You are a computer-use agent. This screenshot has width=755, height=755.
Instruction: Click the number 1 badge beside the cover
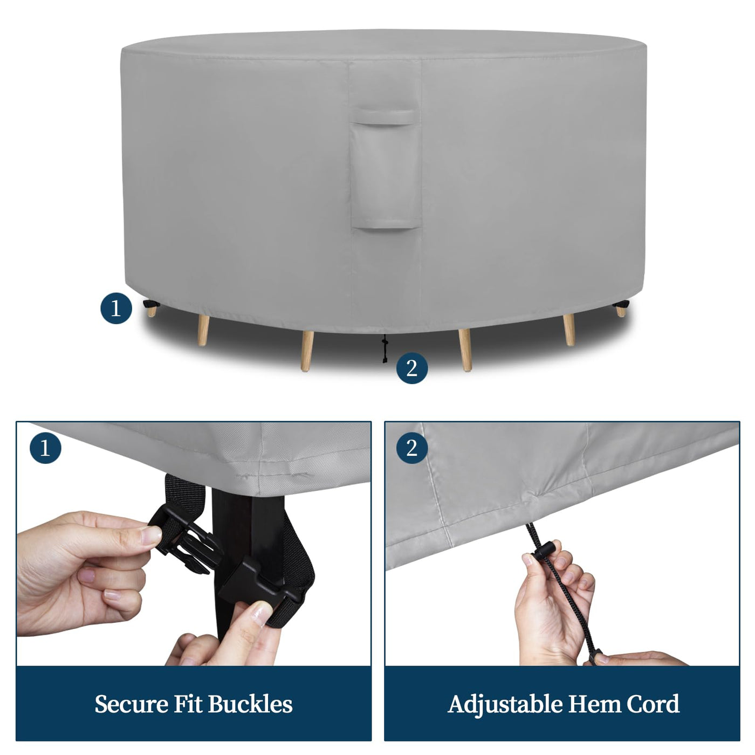click(116, 308)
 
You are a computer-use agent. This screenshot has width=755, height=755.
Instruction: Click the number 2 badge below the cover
click(412, 368)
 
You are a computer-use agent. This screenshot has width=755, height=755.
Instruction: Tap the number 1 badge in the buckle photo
click(45, 448)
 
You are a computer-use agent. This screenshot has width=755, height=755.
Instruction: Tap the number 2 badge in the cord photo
click(412, 448)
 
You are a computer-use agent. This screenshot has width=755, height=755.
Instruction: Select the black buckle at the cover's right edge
click(620, 304)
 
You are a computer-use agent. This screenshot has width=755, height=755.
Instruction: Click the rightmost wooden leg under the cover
click(620, 312)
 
